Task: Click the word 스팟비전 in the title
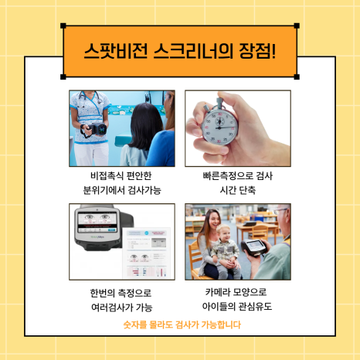(x=116, y=51)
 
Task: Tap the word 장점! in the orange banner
(x=257, y=51)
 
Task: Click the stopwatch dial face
(x=219, y=127)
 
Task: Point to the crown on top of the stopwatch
(x=220, y=103)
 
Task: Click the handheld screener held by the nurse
(x=97, y=129)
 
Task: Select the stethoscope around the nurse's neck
(x=90, y=98)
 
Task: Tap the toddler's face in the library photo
(x=223, y=234)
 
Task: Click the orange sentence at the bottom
(x=182, y=324)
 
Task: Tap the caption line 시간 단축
(x=238, y=190)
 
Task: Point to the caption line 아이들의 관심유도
(x=237, y=307)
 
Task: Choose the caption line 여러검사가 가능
(x=122, y=307)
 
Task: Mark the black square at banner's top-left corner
(x=63, y=25)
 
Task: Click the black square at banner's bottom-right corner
(x=297, y=76)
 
